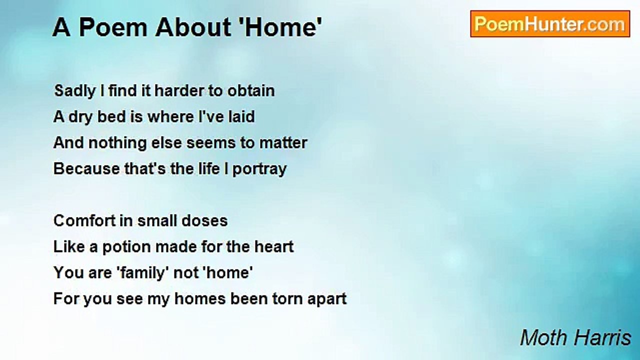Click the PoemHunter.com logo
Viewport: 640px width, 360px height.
coord(550,24)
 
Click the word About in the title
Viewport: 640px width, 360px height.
coord(193,27)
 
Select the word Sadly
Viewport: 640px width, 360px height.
coord(75,91)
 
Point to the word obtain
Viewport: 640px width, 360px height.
coord(251,90)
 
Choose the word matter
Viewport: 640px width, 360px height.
coord(283,142)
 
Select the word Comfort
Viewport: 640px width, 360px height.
coord(93,220)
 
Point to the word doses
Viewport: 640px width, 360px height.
coord(204,220)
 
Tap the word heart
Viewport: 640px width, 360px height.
coord(274,246)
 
